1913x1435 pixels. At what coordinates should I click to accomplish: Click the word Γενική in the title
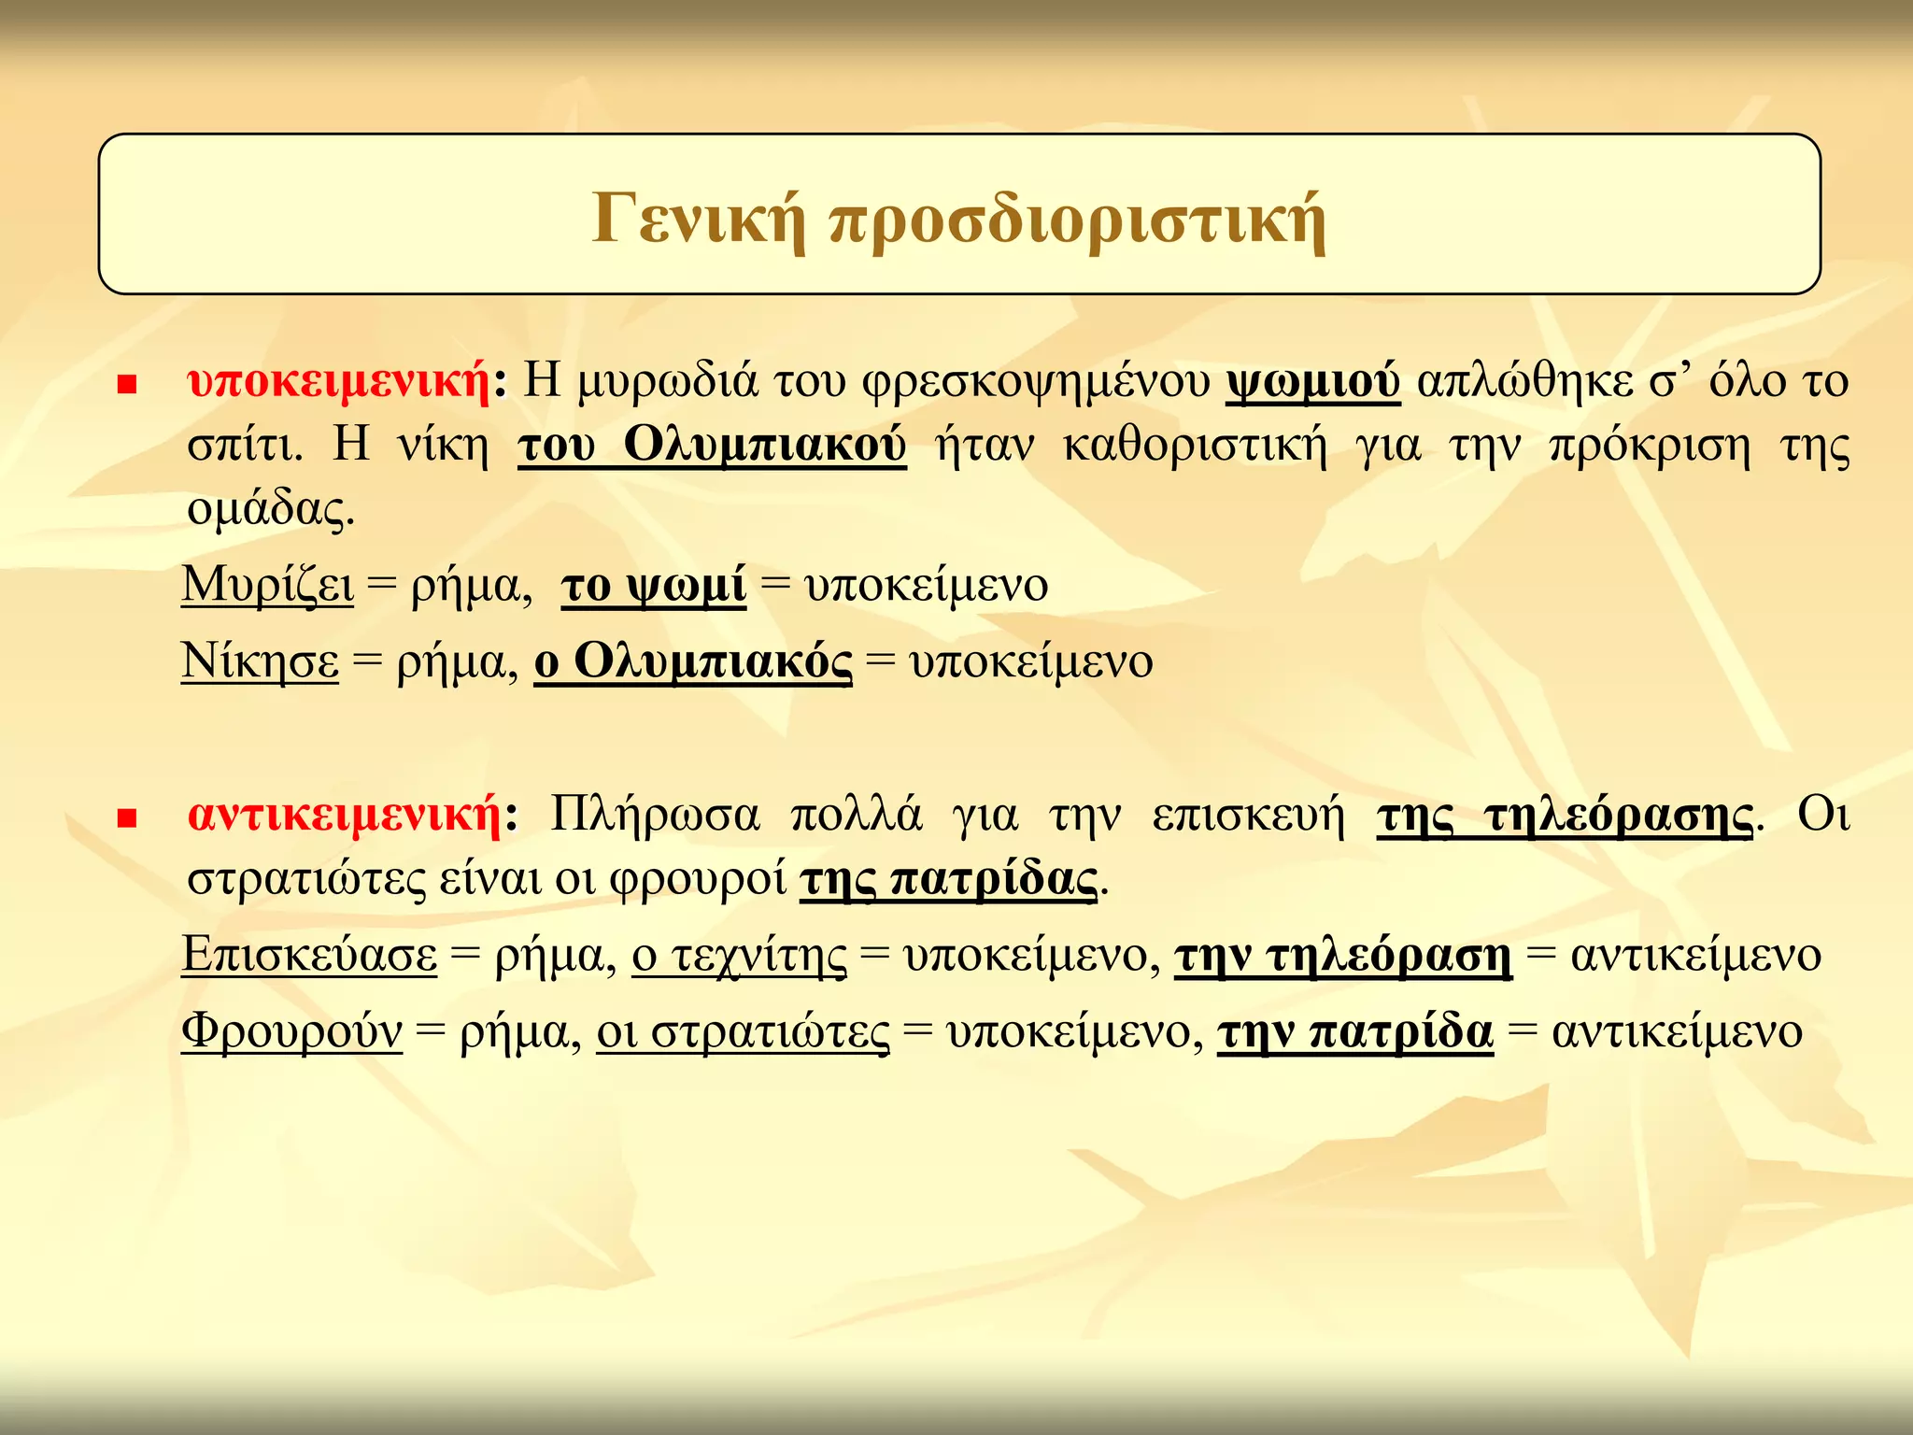tap(700, 220)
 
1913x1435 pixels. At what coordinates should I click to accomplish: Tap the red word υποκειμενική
tap(340, 381)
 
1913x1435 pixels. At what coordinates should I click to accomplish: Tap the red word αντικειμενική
tap(346, 815)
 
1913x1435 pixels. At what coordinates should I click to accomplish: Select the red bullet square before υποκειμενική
tap(128, 385)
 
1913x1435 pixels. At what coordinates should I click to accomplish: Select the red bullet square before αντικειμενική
tap(128, 819)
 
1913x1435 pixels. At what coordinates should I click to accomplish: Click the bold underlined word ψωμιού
tap(1312, 381)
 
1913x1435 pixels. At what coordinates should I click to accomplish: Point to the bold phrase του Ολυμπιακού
tap(712, 445)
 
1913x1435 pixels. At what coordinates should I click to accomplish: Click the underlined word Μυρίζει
tap(268, 586)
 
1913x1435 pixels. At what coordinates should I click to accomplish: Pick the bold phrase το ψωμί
tap(654, 586)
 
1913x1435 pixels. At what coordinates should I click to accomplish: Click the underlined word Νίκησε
tap(260, 662)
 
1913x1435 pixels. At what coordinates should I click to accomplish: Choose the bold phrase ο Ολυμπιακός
tap(693, 662)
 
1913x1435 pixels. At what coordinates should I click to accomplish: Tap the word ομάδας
tap(271, 509)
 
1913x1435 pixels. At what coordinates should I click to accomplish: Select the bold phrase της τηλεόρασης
tap(1566, 815)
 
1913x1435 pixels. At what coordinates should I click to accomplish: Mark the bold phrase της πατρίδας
tap(948, 878)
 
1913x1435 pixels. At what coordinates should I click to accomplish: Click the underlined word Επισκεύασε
tap(309, 955)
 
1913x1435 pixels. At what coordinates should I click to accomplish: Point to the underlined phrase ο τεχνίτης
tap(740, 955)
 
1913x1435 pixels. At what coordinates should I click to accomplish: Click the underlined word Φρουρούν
tap(291, 1031)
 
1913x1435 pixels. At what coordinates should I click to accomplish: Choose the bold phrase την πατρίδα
tap(1355, 1031)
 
